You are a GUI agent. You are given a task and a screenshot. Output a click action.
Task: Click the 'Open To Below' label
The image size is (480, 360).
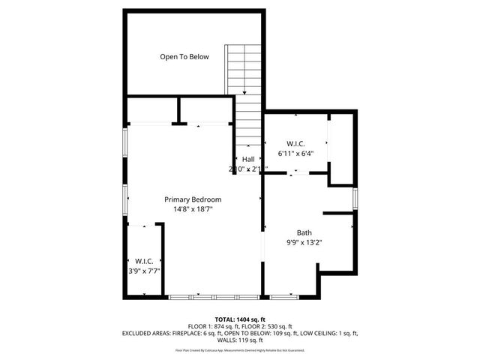184,57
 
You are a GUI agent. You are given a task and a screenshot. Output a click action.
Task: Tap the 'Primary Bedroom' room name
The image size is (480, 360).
193,199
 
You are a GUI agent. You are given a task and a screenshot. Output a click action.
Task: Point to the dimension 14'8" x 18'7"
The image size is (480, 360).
193,209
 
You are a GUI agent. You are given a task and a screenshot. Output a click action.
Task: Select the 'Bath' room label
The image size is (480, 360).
304,232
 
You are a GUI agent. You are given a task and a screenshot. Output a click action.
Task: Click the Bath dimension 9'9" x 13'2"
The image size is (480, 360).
304,242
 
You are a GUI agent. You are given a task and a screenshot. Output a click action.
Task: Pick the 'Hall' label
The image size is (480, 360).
247,159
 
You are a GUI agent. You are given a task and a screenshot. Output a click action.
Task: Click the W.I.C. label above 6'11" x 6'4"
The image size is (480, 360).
295,143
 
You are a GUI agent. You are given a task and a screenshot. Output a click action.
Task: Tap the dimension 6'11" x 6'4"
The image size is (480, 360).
295,153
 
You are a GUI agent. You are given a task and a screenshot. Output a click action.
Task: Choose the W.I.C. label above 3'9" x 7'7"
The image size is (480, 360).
145,260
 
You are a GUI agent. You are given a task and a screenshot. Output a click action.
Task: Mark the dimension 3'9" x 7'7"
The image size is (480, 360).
145,271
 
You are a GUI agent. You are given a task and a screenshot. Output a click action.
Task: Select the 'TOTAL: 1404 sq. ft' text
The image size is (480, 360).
240,319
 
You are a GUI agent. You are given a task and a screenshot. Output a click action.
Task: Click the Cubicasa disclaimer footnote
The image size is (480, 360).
240,350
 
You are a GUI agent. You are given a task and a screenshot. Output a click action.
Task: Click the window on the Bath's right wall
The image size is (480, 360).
355,198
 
